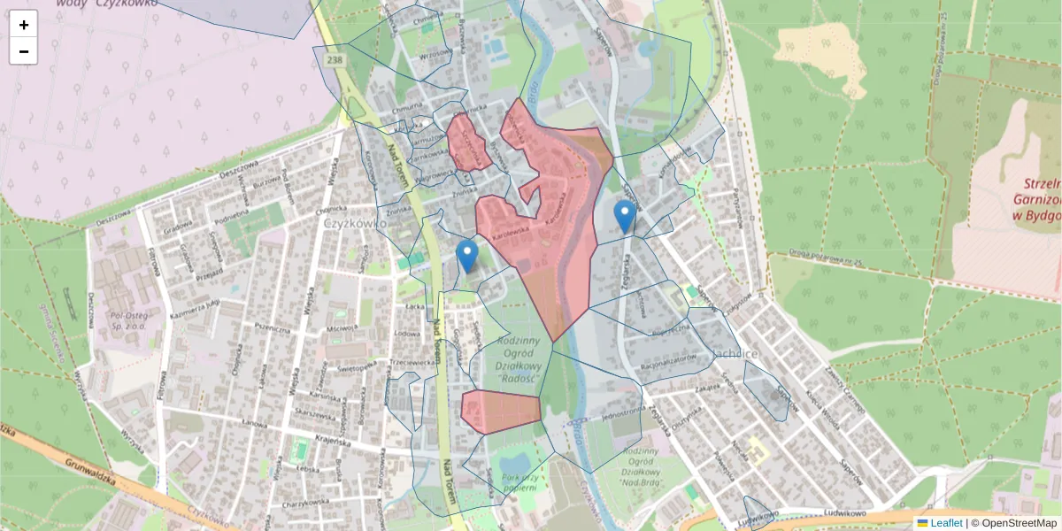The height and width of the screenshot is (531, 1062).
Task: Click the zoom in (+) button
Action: (x=24, y=25)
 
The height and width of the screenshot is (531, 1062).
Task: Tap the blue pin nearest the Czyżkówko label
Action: (x=466, y=256)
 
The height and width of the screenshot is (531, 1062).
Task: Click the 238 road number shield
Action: (x=334, y=59)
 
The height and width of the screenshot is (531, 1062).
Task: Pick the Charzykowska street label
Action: (x=304, y=504)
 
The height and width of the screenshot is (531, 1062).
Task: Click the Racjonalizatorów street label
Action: (x=674, y=360)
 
